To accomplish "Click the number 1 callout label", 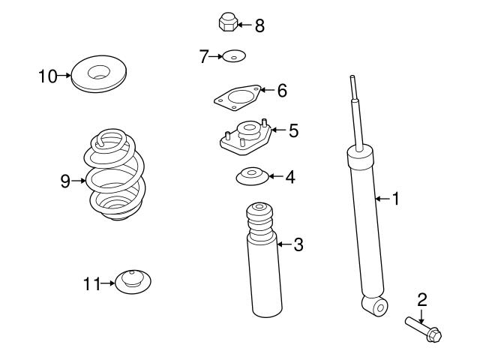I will click(397, 199).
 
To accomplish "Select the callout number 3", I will click(298, 244).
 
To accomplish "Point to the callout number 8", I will click(259, 25).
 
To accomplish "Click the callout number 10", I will click(48, 75).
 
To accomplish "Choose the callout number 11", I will click(91, 283).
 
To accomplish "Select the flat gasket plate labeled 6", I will click(238, 97).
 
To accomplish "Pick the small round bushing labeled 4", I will click(250, 177).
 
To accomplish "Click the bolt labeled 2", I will click(424, 331).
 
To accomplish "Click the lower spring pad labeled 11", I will click(135, 283).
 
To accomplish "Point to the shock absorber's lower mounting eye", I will click(375, 305).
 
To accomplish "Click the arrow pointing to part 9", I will click(79, 180).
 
